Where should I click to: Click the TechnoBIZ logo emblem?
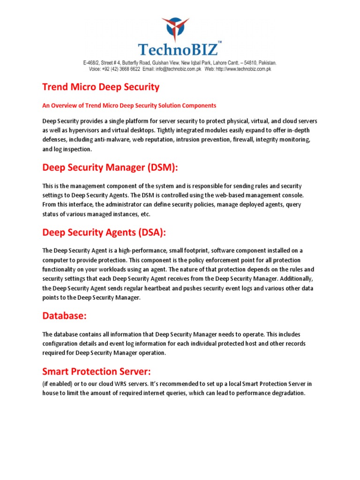coord(175,29)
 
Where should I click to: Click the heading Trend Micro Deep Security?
coord(101,87)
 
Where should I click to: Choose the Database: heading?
coord(65,316)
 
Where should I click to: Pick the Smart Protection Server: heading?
coord(97,372)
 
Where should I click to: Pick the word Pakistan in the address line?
coord(265,62)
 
